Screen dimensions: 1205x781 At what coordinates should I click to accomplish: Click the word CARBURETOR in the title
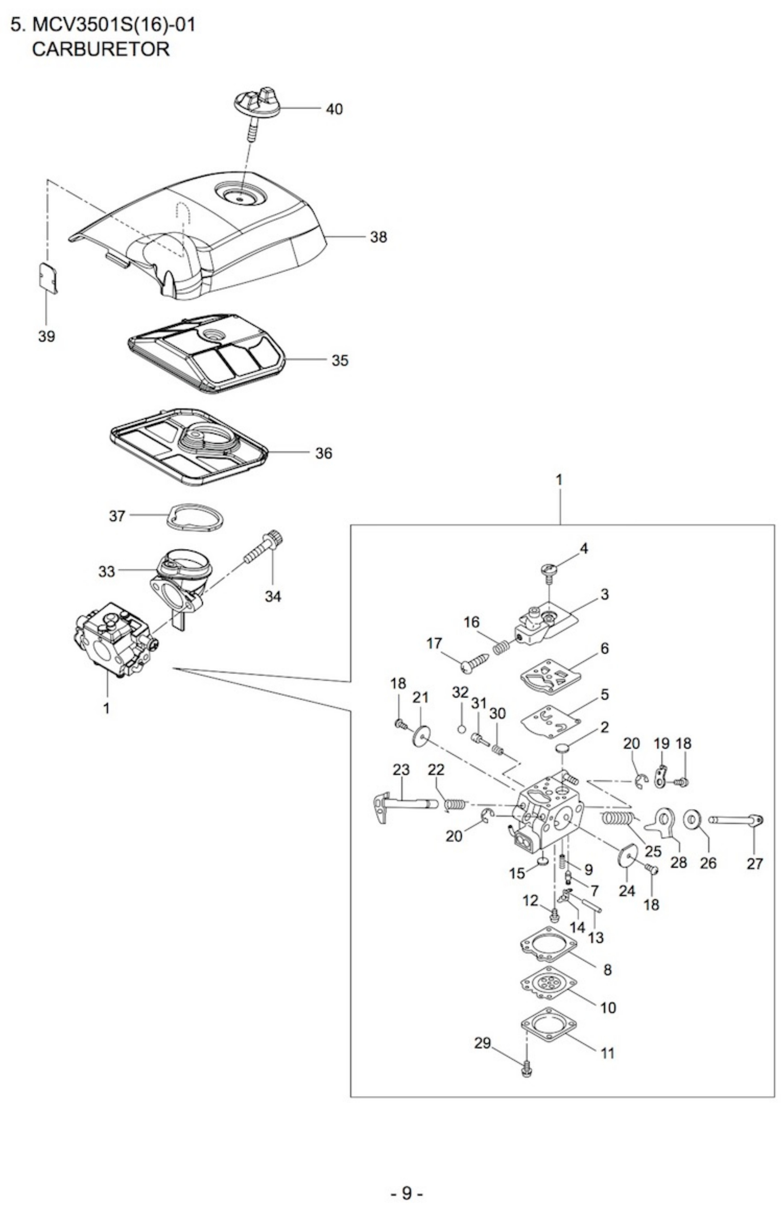(101, 49)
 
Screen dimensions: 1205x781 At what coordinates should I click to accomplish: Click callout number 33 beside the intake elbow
(107, 572)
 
